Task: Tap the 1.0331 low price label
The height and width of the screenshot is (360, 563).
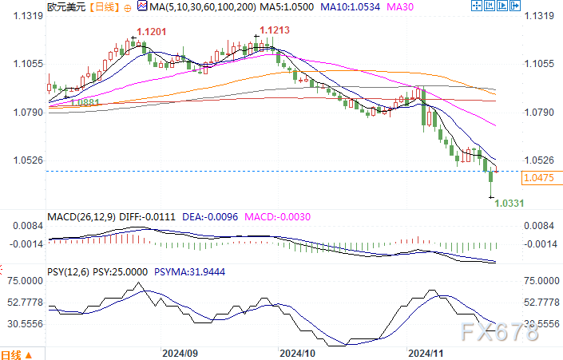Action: coord(509,204)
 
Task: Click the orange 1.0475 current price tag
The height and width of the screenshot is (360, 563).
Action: coord(537,178)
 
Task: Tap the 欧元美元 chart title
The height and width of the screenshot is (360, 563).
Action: coord(64,7)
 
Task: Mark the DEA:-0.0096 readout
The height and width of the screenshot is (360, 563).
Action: coord(194,216)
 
